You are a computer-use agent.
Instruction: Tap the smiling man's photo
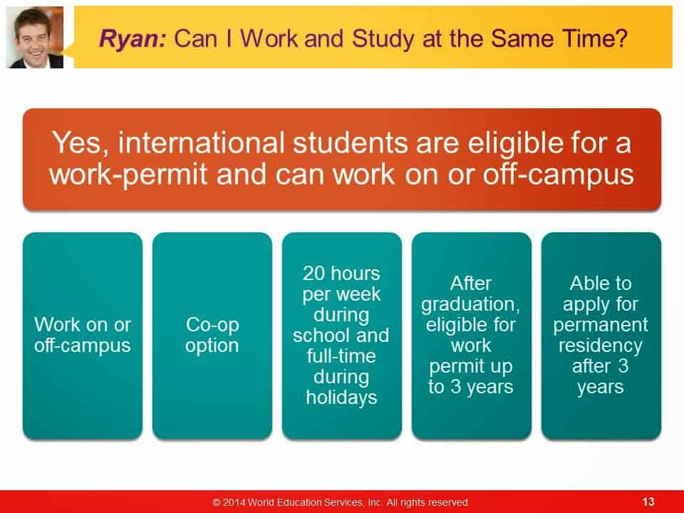[x=34, y=37]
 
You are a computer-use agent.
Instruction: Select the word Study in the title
[x=383, y=38]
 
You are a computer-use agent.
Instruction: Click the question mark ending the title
[x=621, y=38]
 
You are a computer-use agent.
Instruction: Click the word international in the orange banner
[x=202, y=142]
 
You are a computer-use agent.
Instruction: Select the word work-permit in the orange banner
[x=128, y=175]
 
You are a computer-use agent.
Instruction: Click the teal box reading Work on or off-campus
[x=83, y=336]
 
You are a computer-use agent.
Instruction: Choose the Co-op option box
[x=212, y=336]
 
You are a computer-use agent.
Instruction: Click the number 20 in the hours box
[x=313, y=274]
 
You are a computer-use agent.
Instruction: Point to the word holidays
[x=341, y=398]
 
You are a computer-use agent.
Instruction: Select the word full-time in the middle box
[x=341, y=356]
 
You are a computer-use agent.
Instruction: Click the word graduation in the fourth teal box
[x=470, y=304]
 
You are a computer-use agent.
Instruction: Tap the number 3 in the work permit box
[x=456, y=387]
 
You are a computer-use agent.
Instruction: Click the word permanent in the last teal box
[x=601, y=325]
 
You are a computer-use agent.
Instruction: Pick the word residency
[x=601, y=346]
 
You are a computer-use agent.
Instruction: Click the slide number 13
[x=648, y=502]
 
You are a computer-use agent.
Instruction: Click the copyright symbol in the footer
[x=217, y=502]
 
